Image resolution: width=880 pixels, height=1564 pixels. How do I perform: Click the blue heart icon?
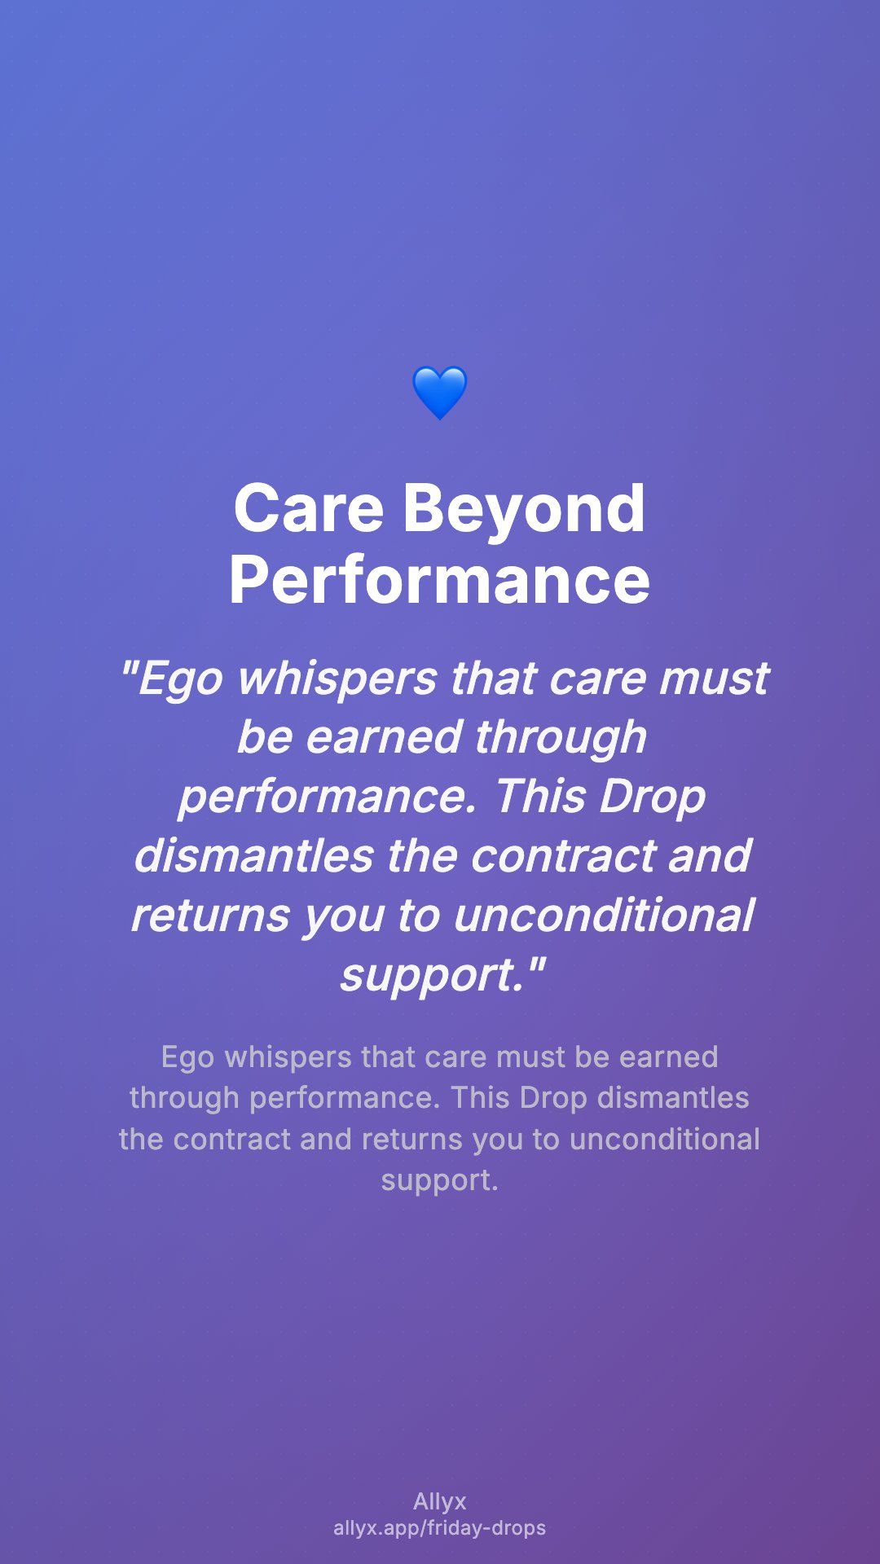coord(440,393)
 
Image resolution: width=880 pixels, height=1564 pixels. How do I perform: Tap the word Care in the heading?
coord(309,508)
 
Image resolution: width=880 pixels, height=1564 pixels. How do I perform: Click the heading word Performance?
coord(440,580)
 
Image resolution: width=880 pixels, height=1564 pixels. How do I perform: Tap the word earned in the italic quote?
coord(384,737)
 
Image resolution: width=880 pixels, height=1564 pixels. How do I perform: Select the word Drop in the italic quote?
coord(652,797)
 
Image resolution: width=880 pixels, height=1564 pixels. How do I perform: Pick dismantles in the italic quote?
coord(253,855)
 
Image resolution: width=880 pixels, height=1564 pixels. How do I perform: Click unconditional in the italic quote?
coord(604,915)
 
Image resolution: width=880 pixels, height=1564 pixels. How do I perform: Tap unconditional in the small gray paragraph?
coord(665,1140)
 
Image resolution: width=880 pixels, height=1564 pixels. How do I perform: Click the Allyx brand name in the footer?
coord(440,1502)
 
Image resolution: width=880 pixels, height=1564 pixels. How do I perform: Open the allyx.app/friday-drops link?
coord(440,1528)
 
